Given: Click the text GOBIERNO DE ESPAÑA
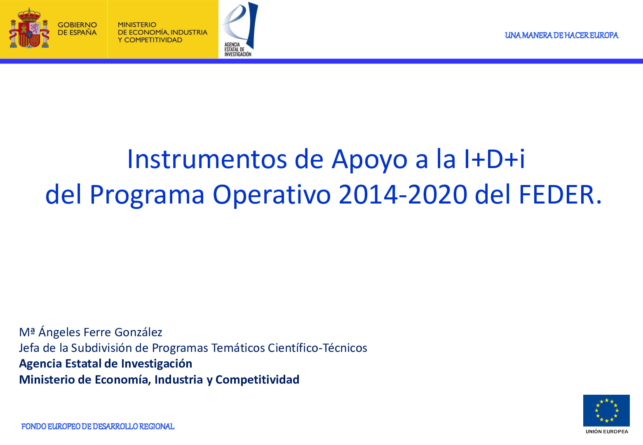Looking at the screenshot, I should (77, 29).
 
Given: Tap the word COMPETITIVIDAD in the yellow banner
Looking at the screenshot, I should (153, 40).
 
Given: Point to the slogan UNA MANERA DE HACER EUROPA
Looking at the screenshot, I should (561, 35).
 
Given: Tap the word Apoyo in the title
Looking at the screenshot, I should (369, 159).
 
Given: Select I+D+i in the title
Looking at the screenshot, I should (494, 159).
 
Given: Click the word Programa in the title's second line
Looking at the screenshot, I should (147, 194).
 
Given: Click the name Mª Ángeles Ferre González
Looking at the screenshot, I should (91, 332).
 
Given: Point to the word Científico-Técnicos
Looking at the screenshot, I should (317, 348).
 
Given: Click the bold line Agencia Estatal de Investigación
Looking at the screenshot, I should (106, 364).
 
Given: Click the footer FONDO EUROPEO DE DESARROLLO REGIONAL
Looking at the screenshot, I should (98, 426).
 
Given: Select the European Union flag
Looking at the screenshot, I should (606, 410).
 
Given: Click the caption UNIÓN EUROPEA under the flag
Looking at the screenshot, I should (606, 431).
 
